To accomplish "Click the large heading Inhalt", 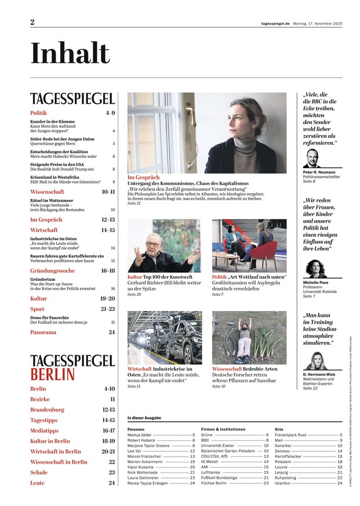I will pos(70,53).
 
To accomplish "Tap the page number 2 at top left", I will pos(33,22).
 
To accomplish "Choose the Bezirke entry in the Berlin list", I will pos(40,399).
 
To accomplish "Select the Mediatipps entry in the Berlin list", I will pos(45,431).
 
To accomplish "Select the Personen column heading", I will pos(136,429).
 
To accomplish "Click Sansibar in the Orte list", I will pos(285,445).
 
